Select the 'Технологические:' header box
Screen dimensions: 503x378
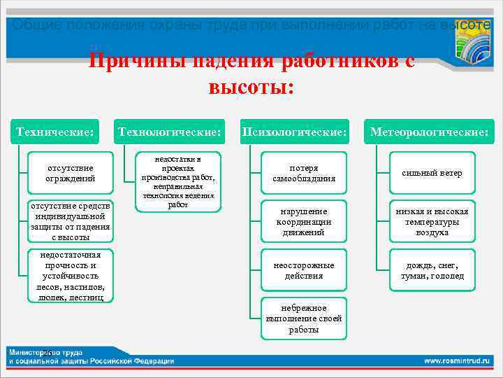(x=170, y=132)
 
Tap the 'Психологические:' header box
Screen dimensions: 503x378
(x=294, y=132)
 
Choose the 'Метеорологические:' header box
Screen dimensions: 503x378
(x=429, y=132)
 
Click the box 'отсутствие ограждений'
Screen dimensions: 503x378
(x=71, y=173)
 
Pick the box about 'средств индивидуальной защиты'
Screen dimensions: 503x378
(x=71, y=222)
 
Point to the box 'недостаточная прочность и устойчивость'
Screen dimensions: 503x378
(x=71, y=276)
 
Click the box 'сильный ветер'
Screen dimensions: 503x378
(x=431, y=173)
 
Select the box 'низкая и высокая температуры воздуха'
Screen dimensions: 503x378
(x=431, y=222)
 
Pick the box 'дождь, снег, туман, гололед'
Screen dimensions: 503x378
(x=431, y=270)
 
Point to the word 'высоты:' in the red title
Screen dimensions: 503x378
(x=251, y=87)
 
